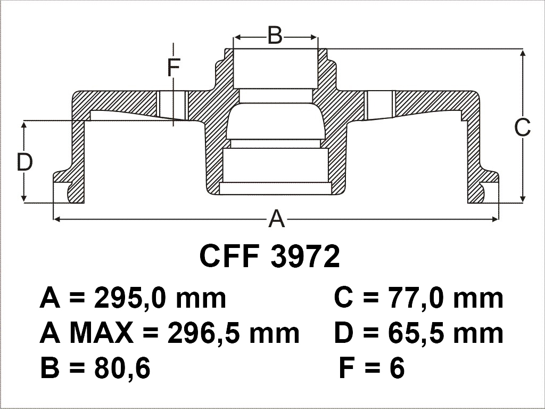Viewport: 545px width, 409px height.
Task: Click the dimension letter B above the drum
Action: pos(275,35)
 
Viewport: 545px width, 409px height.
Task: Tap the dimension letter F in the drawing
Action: pos(174,68)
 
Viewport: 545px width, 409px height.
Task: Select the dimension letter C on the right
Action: pos(523,127)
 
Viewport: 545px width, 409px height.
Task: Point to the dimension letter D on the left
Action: pos(24,162)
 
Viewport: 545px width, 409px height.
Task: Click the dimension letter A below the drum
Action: pos(276,219)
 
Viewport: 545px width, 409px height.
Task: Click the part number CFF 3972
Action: pos(270,256)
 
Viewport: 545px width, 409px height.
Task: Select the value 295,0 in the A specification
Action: pos(128,299)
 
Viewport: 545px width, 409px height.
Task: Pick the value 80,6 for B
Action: pos(122,368)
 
